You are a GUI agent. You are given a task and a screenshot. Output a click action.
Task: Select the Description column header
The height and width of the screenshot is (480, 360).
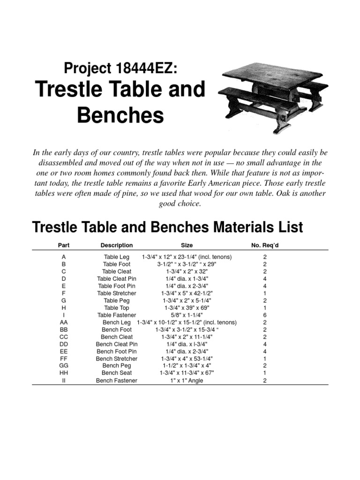tap(117, 245)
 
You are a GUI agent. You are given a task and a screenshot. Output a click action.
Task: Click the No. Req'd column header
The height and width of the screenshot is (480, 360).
tap(265, 245)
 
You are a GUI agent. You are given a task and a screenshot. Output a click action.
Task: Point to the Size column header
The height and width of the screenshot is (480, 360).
tap(187, 245)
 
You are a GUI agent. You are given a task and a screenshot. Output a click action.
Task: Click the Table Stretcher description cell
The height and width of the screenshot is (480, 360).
tap(117, 293)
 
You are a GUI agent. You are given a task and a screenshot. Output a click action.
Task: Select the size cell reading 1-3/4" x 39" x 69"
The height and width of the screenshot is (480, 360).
tap(187, 308)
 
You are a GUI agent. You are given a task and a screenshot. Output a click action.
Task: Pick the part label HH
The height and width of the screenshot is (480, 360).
tap(64, 373)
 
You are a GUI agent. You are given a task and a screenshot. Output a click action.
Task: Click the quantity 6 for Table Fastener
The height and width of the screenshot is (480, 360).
tap(265, 315)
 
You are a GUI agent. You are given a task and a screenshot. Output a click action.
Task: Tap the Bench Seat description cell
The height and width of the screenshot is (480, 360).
tap(117, 373)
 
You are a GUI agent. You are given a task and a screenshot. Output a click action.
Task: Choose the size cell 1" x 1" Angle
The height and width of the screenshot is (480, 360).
tap(187, 381)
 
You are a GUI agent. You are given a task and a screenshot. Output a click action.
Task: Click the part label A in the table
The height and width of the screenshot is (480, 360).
tap(64, 257)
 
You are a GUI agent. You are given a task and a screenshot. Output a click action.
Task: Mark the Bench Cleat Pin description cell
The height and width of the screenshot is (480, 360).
tap(117, 344)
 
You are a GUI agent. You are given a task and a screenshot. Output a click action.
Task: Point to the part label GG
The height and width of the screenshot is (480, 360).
tap(64, 366)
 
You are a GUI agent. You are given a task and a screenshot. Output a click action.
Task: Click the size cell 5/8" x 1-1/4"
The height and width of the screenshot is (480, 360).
tap(187, 315)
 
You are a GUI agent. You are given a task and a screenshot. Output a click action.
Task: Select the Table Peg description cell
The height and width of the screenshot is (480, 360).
tap(117, 300)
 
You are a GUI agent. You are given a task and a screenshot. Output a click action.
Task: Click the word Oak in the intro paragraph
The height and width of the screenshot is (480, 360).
tap(286, 194)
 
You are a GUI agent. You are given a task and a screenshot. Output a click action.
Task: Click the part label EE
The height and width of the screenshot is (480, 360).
tap(64, 352)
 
